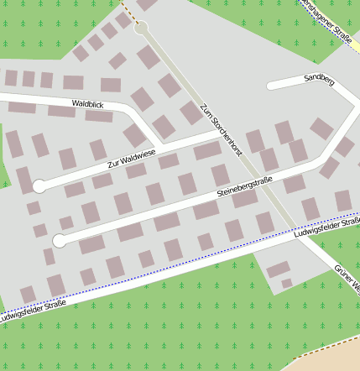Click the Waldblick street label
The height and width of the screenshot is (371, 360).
point(87,103)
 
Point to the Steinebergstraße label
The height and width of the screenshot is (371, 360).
point(245,187)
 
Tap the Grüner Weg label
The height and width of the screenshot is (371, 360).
point(347,280)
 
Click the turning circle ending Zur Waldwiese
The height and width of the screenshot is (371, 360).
point(39,185)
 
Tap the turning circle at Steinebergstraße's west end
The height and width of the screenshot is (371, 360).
point(59,241)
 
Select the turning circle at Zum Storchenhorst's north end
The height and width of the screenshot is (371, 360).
point(141,28)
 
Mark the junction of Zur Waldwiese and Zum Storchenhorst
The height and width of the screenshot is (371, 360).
point(220,133)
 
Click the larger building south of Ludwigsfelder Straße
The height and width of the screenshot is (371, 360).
point(278,269)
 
